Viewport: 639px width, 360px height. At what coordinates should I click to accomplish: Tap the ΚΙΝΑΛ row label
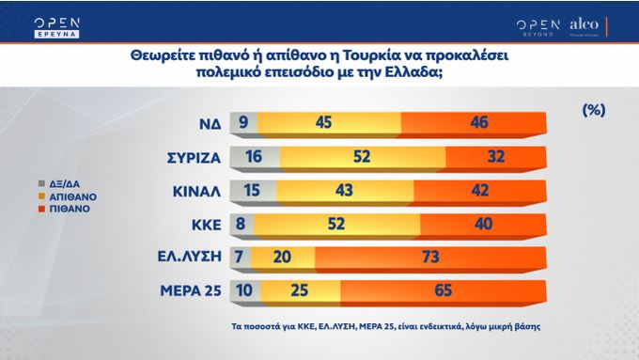point(195,191)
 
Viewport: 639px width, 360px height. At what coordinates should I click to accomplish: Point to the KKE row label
point(203,225)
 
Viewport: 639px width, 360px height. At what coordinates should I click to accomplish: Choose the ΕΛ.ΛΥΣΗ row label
point(189,258)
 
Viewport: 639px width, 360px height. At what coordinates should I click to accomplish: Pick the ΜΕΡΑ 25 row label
point(189,292)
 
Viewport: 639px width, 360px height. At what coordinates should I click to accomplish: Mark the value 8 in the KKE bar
point(242,225)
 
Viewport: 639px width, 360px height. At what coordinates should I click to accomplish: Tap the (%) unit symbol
point(593,110)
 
